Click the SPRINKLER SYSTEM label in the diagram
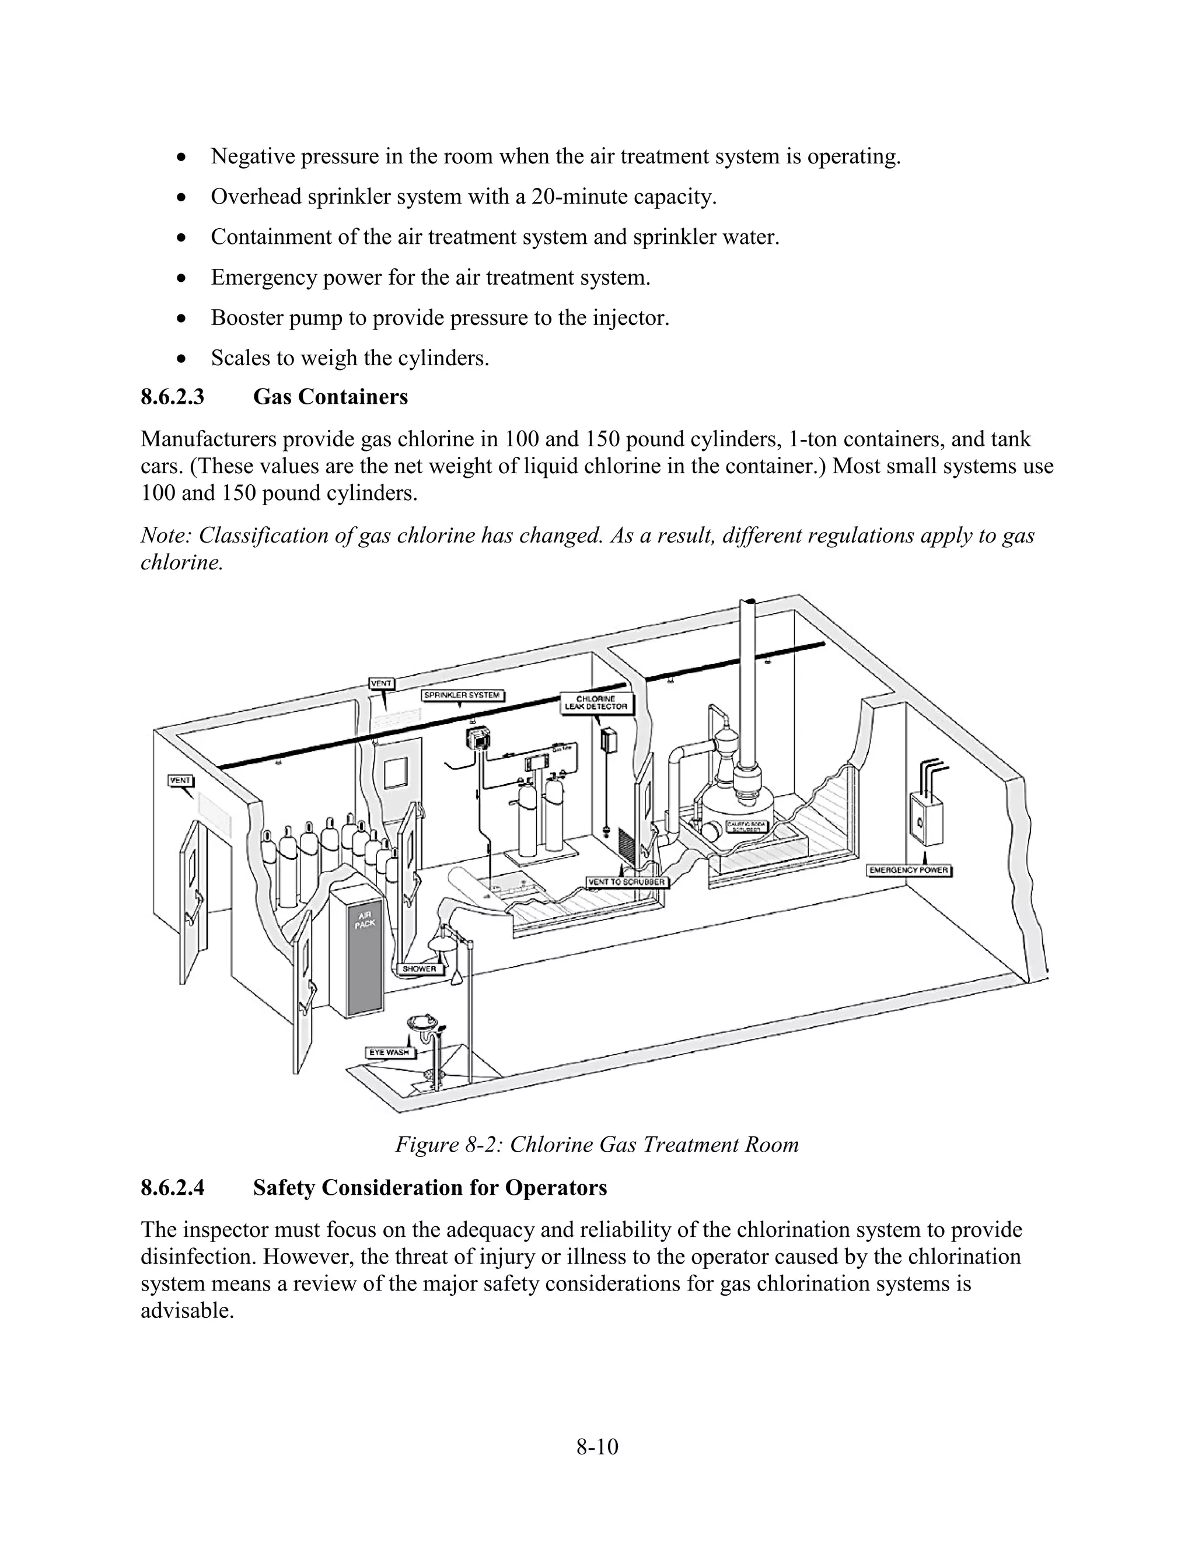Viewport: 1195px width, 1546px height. (x=463, y=695)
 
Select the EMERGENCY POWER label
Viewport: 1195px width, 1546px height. (x=909, y=870)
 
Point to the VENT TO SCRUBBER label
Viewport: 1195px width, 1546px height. (x=627, y=882)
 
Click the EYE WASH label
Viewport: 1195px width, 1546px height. (x=389, y=1052)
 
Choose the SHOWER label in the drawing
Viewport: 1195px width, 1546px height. (x=420, y=968)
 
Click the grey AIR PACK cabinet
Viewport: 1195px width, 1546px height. (x=358, y=952)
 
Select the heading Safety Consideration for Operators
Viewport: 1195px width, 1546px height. (x=429, y=1187)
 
